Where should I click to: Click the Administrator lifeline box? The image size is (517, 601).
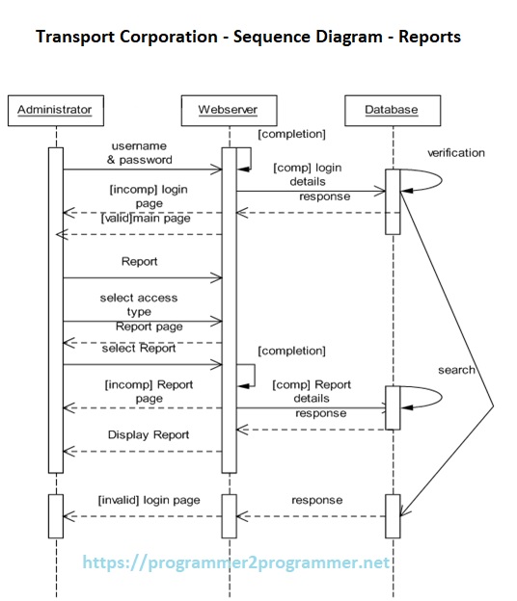tap(54, 110)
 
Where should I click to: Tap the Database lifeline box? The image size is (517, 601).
tap(392, 110)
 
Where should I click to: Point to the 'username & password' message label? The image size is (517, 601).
tap(140, 152)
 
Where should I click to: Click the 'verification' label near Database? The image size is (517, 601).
tap(456, 153)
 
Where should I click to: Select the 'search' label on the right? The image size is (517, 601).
tap(456, 370)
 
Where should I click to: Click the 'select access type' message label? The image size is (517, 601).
tap(139, 304)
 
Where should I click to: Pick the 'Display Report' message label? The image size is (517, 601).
tap(149, 434)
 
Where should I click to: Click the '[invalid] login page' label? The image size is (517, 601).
tap(149, 501)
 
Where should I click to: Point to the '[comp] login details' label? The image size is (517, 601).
tap(307, 174)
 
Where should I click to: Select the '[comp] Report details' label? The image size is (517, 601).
tap(312, 391)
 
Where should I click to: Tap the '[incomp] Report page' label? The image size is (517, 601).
tap(149, 391)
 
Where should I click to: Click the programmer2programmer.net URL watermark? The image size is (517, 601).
tap(236, 562)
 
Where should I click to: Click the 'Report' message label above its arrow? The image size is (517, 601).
tap(140, 261)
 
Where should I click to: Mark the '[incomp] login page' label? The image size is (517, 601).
tap(149, 196)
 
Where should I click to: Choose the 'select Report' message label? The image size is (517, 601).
tap(139, 349)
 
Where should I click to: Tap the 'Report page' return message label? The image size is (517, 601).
tap(149, 327)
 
